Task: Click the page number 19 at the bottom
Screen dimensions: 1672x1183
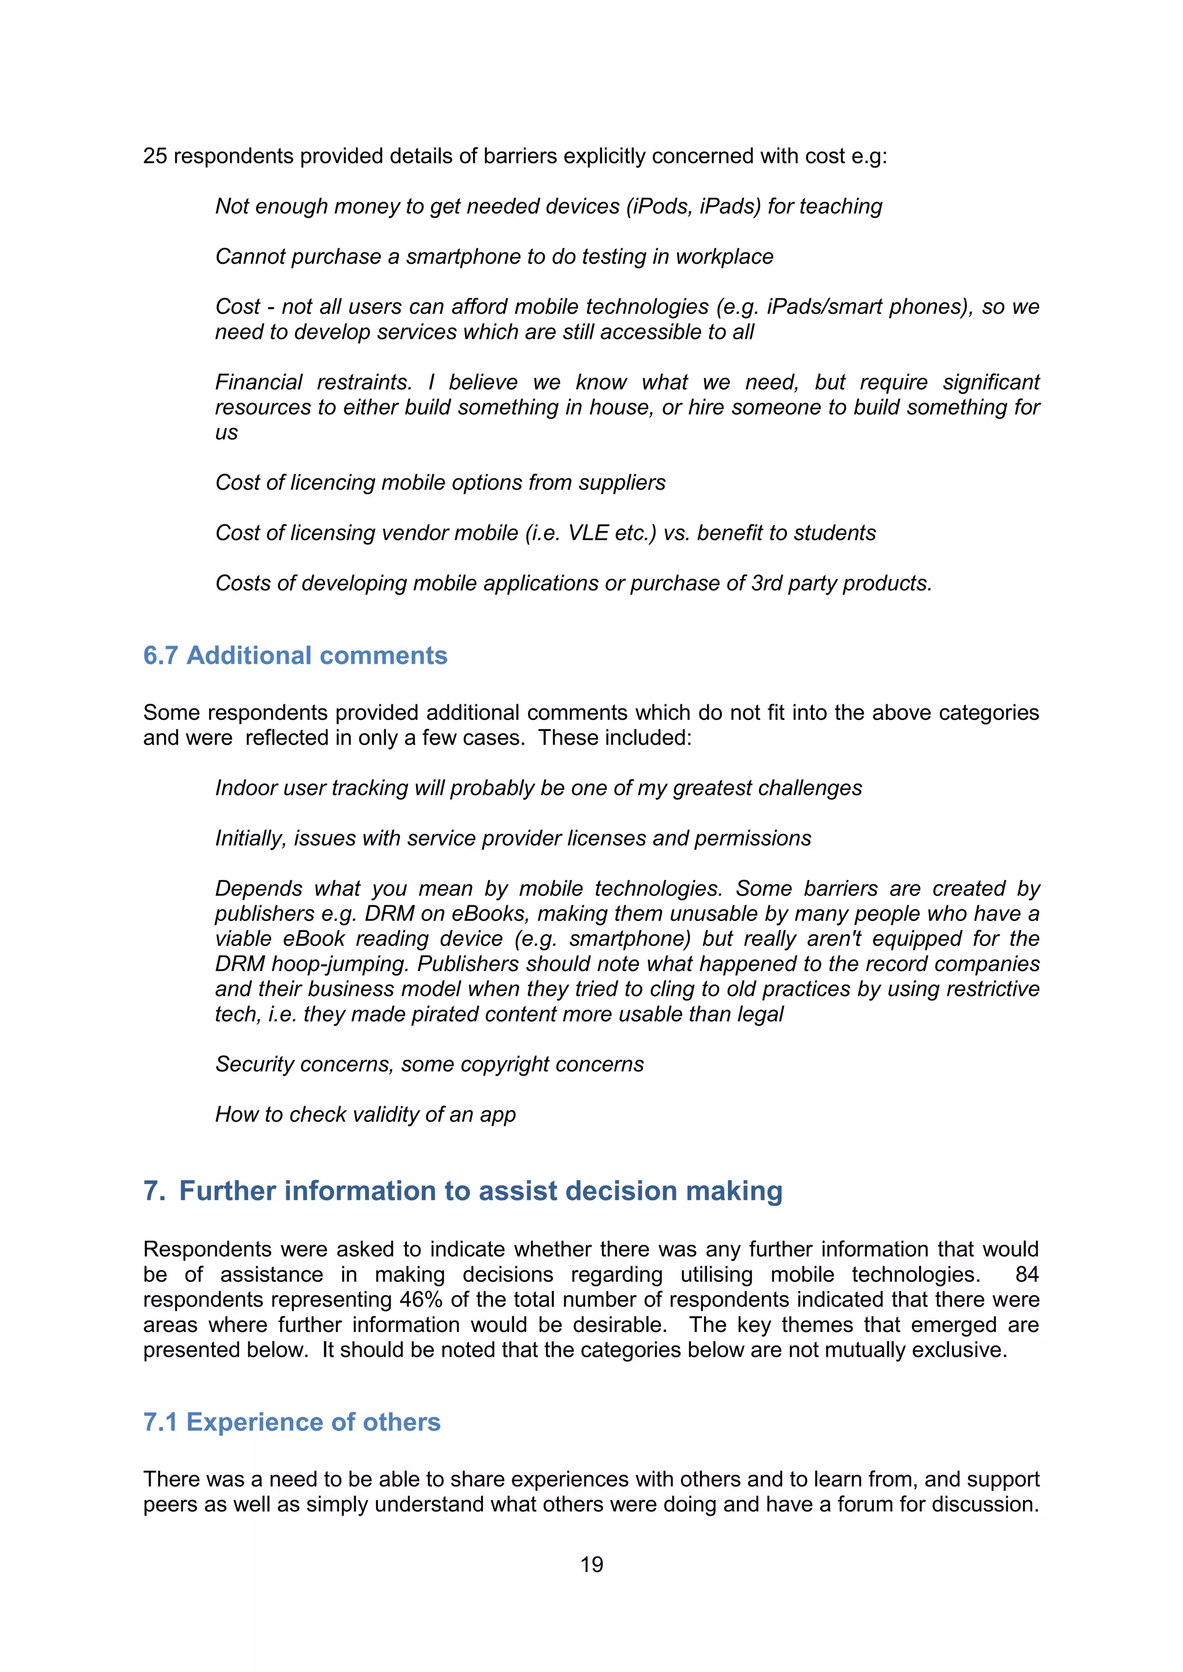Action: [591, 1564]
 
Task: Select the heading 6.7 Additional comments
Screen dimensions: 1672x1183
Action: [295, 655]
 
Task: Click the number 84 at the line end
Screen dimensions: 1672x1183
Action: [1026, 1274]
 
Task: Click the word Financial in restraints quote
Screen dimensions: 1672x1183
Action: [259, 382]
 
